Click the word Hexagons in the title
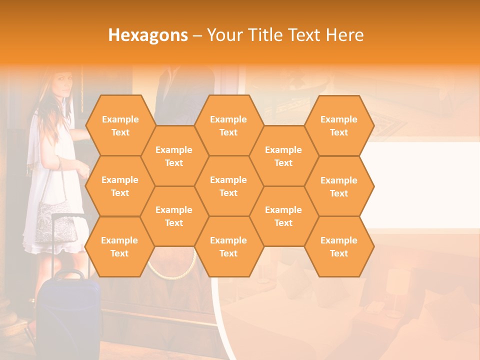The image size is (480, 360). [x=148, y=35]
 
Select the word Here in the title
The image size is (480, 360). [x=344, y=35]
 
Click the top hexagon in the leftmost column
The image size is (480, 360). [x=120, y=125]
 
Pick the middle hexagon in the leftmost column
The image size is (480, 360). [x=120, y=186]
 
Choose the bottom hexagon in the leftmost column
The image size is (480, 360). [x=119, y=246]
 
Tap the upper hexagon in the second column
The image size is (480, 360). [x=174, y=156]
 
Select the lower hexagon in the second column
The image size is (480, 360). [x=174, y=216]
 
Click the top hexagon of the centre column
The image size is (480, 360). [x=228, y=125]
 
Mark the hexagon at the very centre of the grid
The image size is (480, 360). [x=228, y=186]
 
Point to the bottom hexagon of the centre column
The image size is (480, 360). [x=228, y=246]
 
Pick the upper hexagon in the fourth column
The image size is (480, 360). [x=283, y=156]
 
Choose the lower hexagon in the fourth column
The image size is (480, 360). [x=283, y=216]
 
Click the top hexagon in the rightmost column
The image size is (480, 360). [x=339, y=125]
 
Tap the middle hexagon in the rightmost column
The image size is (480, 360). [x=339, y=186]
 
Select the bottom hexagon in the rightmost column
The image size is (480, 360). [x=339, y=246]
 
